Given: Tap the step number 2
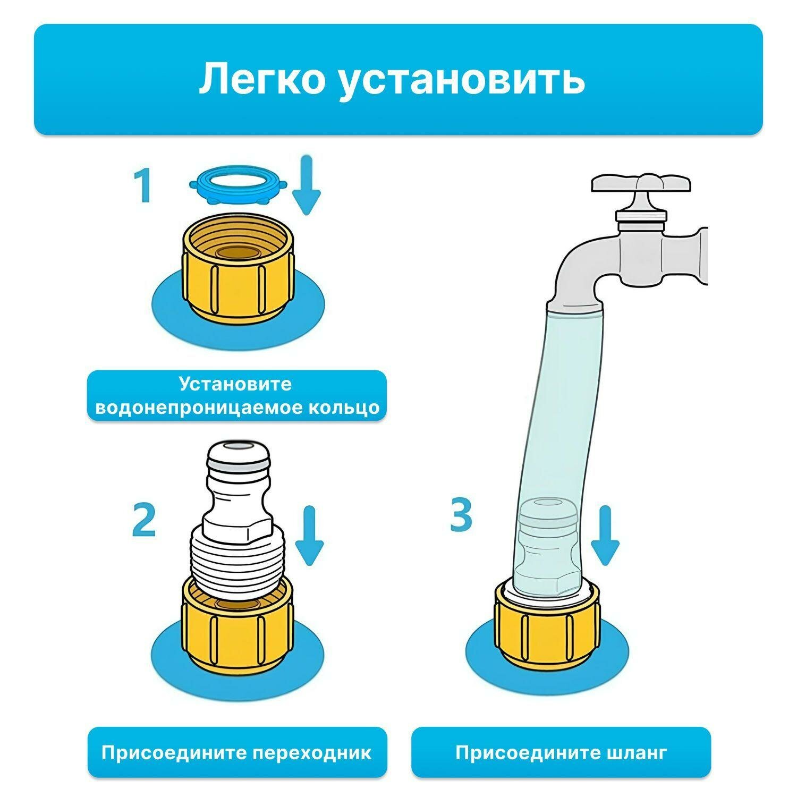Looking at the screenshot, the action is click(x=144, y=520).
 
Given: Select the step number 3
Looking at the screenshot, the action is click(x=461, y=514).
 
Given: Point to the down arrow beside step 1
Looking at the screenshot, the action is click(x=307, y=186).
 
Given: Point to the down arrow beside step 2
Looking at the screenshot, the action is click(x=309, y=537).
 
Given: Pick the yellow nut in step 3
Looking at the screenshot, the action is click(x=547, y=624).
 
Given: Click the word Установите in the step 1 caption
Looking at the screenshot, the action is click(x=235, y=384).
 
